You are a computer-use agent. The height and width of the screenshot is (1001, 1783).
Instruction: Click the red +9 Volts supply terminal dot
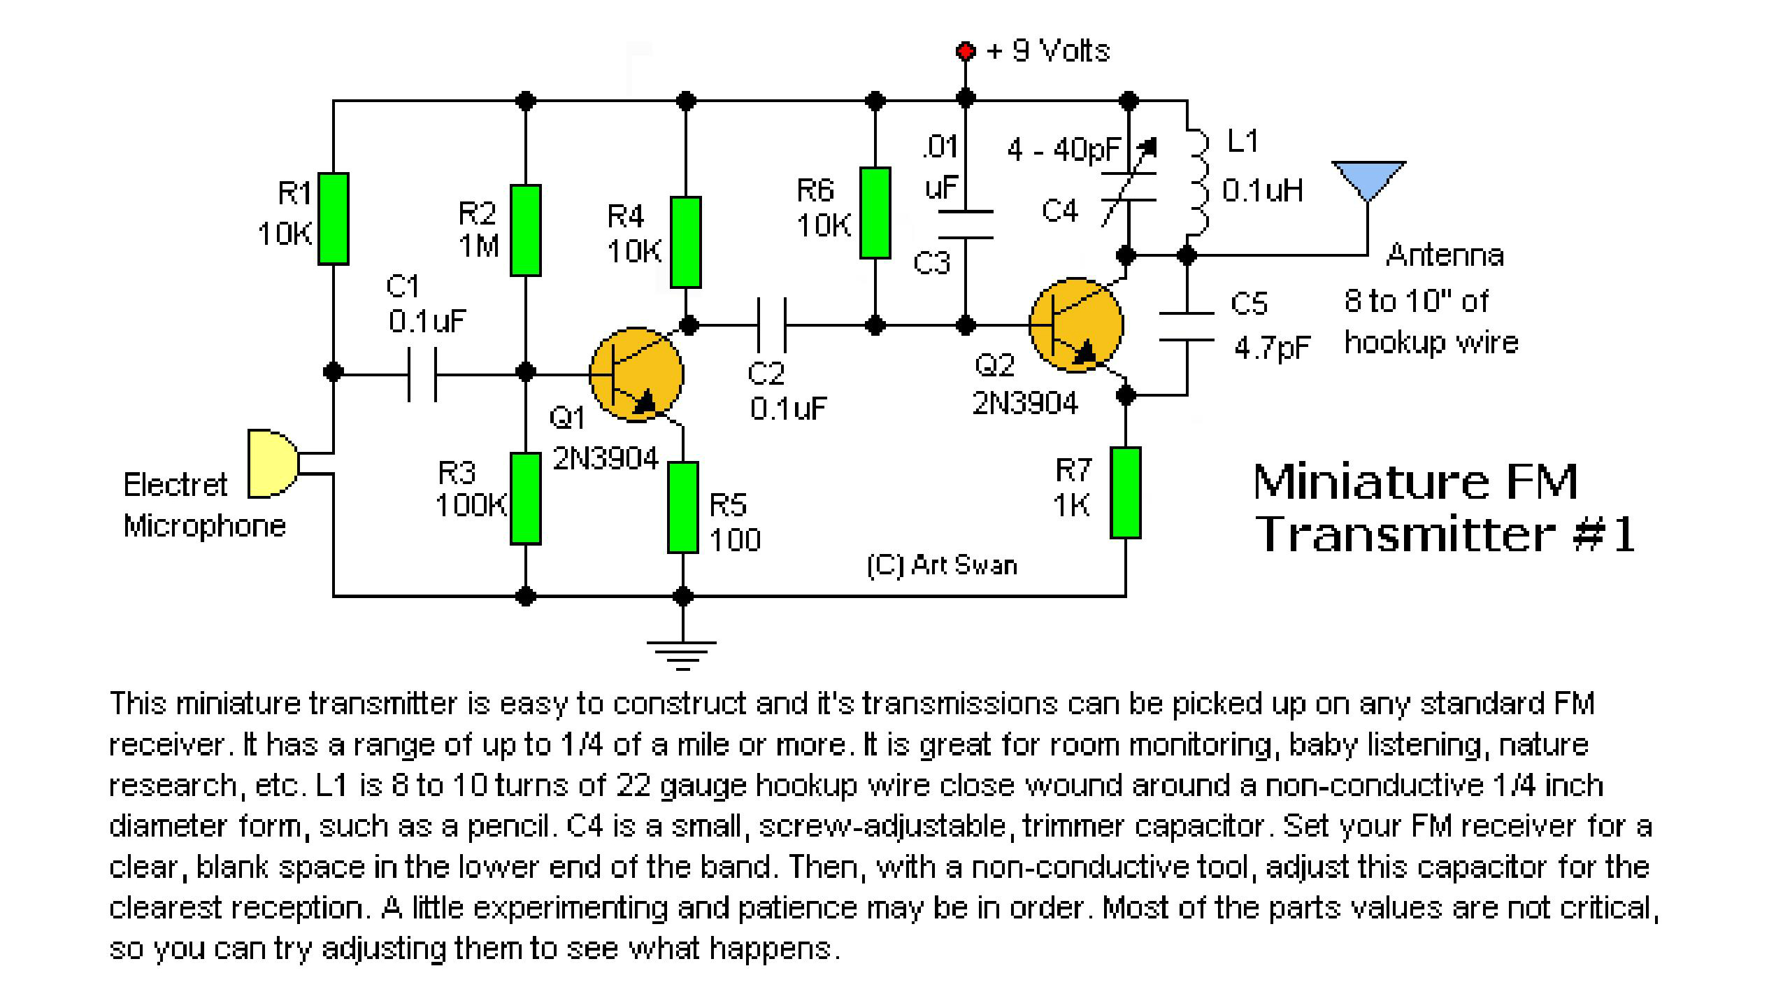click(x=965, y=51)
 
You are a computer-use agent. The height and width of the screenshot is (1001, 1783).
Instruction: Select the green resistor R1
click(x=334, y=218)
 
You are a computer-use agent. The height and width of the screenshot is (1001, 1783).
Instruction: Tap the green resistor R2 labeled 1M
click(x=526, y=230)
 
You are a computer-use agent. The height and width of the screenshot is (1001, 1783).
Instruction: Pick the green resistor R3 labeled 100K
click(x=526, y=498)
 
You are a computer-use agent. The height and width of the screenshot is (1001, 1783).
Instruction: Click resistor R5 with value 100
click(x=683, y=507)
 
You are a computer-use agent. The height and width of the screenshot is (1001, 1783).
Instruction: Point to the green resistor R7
click(x=1126, y=492)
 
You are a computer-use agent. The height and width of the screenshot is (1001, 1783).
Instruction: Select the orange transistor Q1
click(x=636, y=375)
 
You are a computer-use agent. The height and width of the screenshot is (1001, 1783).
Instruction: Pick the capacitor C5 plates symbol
click(x=1187, y=327)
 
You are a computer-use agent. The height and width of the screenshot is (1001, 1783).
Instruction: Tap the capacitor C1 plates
click(x=422, y=375)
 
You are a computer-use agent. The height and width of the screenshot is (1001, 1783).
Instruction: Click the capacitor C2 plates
click(x=772, y=325)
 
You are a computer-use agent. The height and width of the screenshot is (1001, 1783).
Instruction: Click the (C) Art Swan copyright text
click(x=941, y=565)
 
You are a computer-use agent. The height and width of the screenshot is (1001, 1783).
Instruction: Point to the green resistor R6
click(x=875, y=213)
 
